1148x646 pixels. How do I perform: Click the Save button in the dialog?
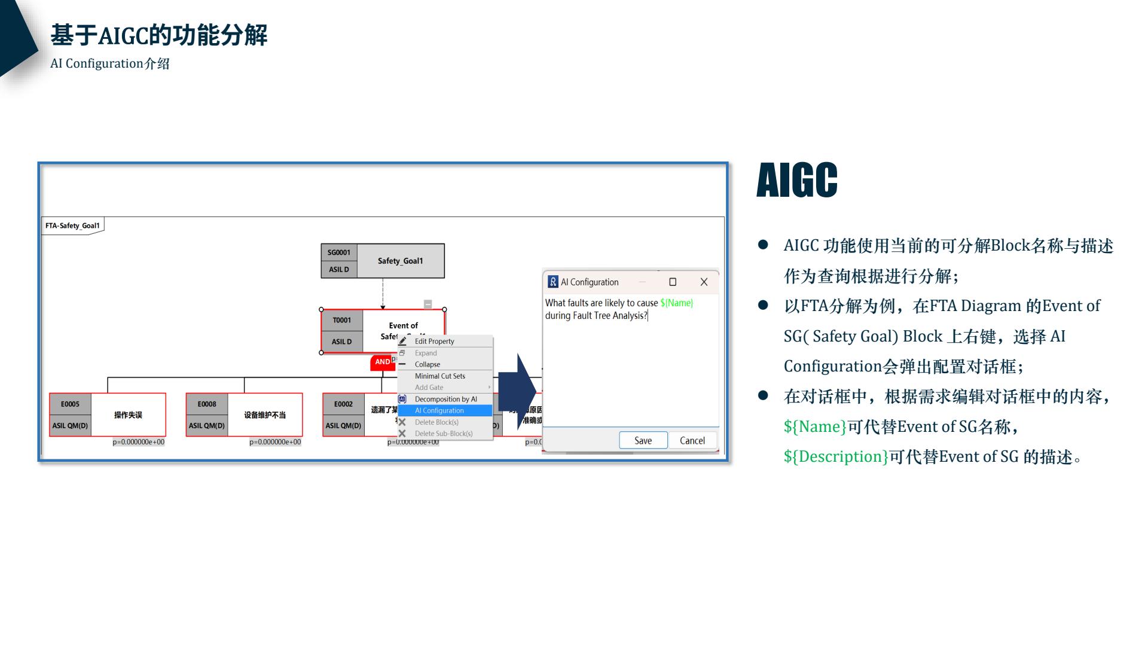643,440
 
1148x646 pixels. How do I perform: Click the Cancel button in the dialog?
692,440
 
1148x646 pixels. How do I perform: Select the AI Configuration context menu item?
439,410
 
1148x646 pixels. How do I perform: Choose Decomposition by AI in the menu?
445,399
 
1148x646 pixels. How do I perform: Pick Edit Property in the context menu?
434,341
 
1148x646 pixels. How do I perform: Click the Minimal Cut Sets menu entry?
439,376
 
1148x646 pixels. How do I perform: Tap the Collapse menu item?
427,364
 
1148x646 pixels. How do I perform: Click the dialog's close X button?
704,282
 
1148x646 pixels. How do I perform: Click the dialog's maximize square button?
672,282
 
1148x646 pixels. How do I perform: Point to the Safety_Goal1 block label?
400,261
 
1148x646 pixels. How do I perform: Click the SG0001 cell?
338,252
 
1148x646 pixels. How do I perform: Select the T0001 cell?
341,320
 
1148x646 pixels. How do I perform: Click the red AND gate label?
382,362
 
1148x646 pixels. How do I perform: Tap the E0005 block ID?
70,404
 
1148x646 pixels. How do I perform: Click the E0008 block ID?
207,404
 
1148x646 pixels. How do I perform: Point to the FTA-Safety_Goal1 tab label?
72,226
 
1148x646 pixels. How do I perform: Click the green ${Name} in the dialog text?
676,303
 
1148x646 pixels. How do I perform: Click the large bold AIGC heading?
796,180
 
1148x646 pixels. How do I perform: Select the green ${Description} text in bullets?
835,456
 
